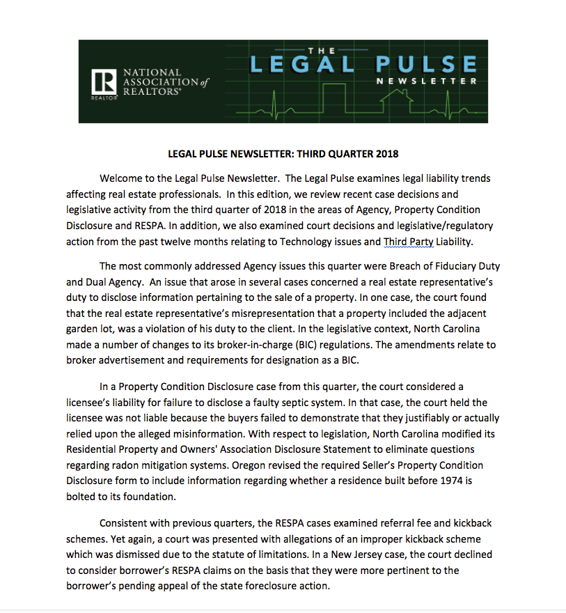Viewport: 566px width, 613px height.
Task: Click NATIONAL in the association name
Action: [x=152, y=72]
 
